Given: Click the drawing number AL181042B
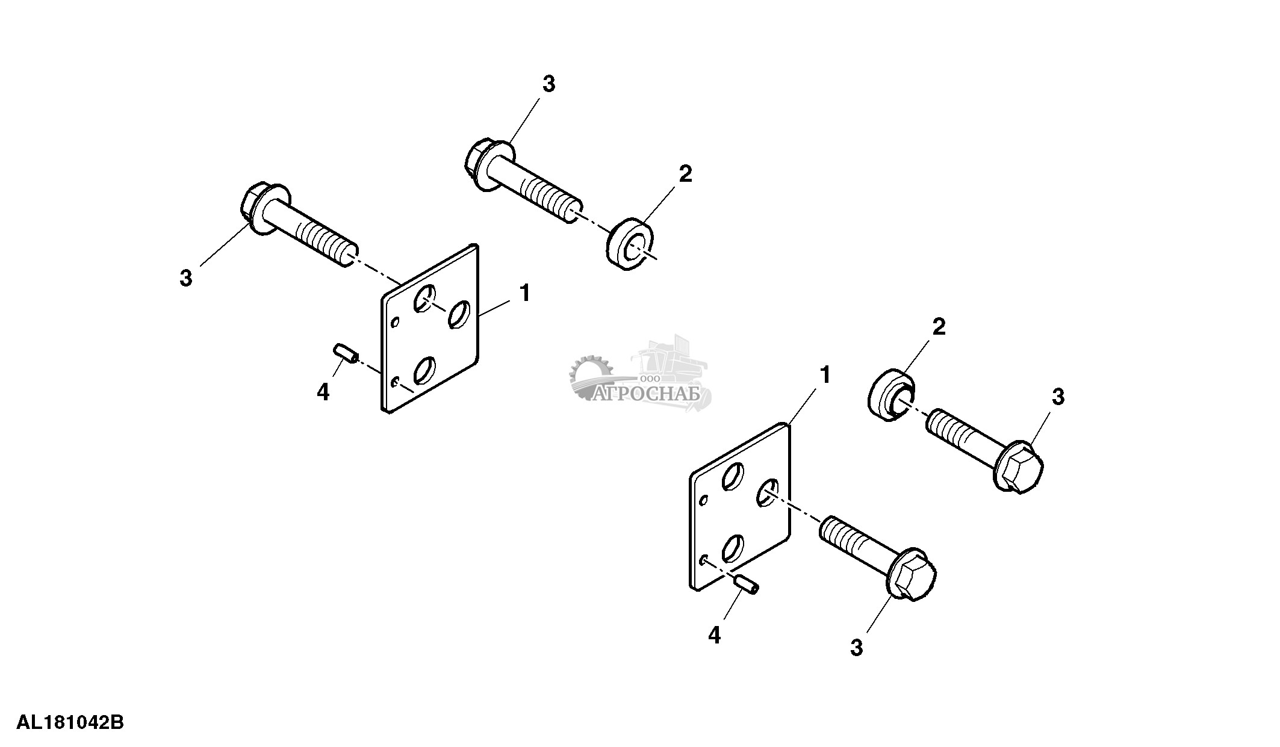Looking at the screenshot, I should click(70, 722).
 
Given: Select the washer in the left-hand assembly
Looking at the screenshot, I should click(630, 247).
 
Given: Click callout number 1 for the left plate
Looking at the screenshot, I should click(524, 294).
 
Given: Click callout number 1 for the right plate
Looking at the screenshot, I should click(825, 376).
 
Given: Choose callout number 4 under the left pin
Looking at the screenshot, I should click(323, 392).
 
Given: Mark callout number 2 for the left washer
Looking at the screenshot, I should click(685, 174).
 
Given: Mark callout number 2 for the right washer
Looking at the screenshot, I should click(939, 327).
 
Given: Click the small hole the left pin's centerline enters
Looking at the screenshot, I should click(394, 382).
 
